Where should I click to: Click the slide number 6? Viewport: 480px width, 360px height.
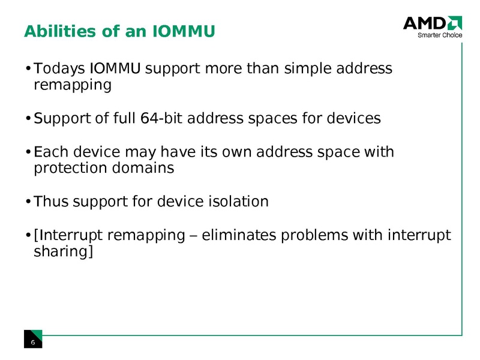coord(33,342)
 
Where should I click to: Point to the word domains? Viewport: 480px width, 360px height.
coord(146,168)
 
